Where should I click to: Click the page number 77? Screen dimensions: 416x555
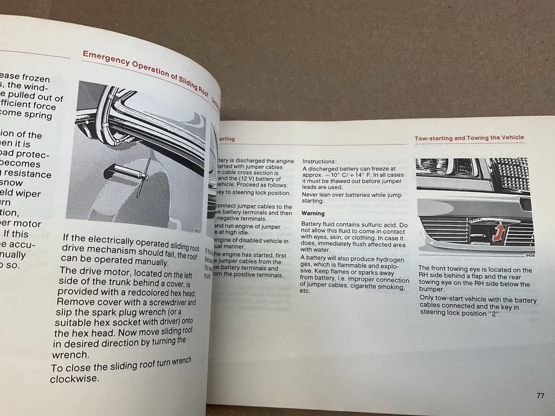539,396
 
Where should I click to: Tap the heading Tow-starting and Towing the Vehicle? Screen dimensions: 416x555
469,138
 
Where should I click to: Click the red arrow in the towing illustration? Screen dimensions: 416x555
498,233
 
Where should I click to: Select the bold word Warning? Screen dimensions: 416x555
313,214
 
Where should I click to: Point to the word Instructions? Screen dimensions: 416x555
320,162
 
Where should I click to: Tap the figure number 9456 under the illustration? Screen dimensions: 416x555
530,255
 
